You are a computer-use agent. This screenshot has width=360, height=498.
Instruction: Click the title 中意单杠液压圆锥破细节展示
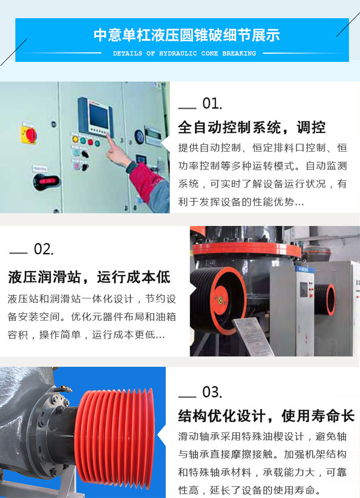coord(187,35)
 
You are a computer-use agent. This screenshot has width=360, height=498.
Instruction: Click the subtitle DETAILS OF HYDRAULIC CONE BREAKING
coord(184,53)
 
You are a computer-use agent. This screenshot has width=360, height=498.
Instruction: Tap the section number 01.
coord(212,104)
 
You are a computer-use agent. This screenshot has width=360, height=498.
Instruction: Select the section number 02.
coord(44,249)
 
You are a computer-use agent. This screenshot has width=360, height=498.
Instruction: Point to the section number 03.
coord(212,392)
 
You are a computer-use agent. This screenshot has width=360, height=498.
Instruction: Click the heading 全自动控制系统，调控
coord(252,127)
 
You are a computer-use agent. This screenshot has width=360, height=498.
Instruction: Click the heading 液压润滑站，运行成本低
coord(89,277)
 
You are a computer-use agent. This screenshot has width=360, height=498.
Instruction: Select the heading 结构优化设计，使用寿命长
coord(266,416)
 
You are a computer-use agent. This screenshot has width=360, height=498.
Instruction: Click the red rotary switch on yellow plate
coord(29,134)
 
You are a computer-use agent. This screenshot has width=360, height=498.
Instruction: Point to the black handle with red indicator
coord(47,182)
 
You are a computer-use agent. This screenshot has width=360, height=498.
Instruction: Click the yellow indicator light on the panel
coord(75,139)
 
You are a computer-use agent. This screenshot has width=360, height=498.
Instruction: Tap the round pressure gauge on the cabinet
coord(139,137)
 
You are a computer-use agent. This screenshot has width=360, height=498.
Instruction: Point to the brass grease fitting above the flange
coord(63,388)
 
